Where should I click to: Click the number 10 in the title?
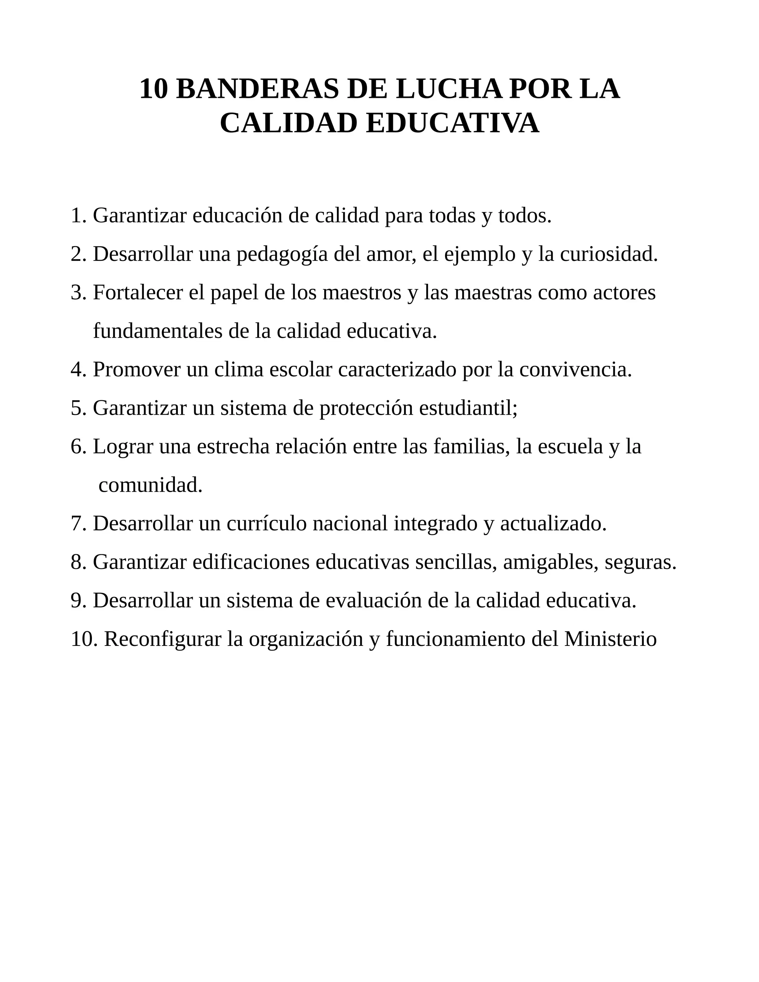[x=153, y=89]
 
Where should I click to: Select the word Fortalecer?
[x=137, y=293]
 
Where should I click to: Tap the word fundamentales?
[x=158, y=331]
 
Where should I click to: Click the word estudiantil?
[x=468, y=408]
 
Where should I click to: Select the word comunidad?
[x=150, y=485]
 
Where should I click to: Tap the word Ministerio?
[x=611, y=639]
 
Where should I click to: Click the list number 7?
[x=78, y=524]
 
